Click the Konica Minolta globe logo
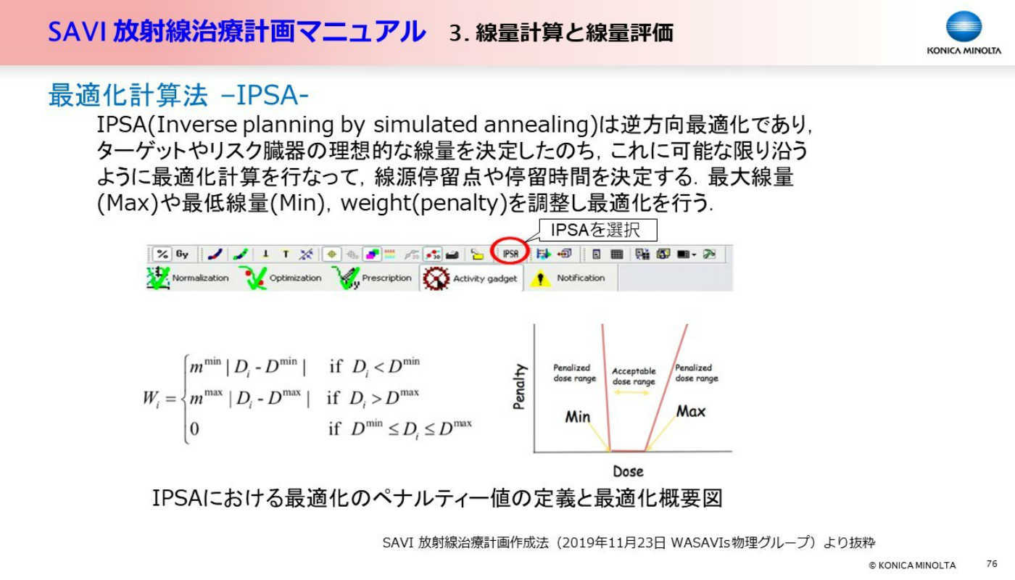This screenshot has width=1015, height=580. (x=964, y=26)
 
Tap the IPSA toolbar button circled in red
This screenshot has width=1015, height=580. (x=510, y=254)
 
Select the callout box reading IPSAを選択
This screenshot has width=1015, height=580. (x=597, y=231)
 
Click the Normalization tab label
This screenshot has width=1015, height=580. (x=200, y=278)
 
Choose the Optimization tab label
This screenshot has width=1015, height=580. (x=296, y=278)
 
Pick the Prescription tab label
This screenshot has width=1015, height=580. (x=386, y=278)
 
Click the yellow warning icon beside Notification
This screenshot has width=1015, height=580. (x=540, y=278)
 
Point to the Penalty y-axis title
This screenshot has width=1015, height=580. (x=519, y=386)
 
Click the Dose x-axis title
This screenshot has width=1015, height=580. (x=628, y=471)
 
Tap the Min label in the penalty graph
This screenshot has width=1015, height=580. (x=578, y=416)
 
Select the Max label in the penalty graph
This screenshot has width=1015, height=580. (x=691, y=412)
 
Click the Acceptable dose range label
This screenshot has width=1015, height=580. (x=634, y=376)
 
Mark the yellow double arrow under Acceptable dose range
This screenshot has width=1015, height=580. (x=632, y=392)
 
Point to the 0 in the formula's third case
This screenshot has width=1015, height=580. (x=194, y=428)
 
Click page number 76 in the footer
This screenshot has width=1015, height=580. (x=992, y=564)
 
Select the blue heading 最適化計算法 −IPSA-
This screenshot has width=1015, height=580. (x=178, y=95)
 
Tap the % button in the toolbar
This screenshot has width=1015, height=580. (x=162, y=254)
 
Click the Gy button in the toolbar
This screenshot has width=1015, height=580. (x=182, y=254)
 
